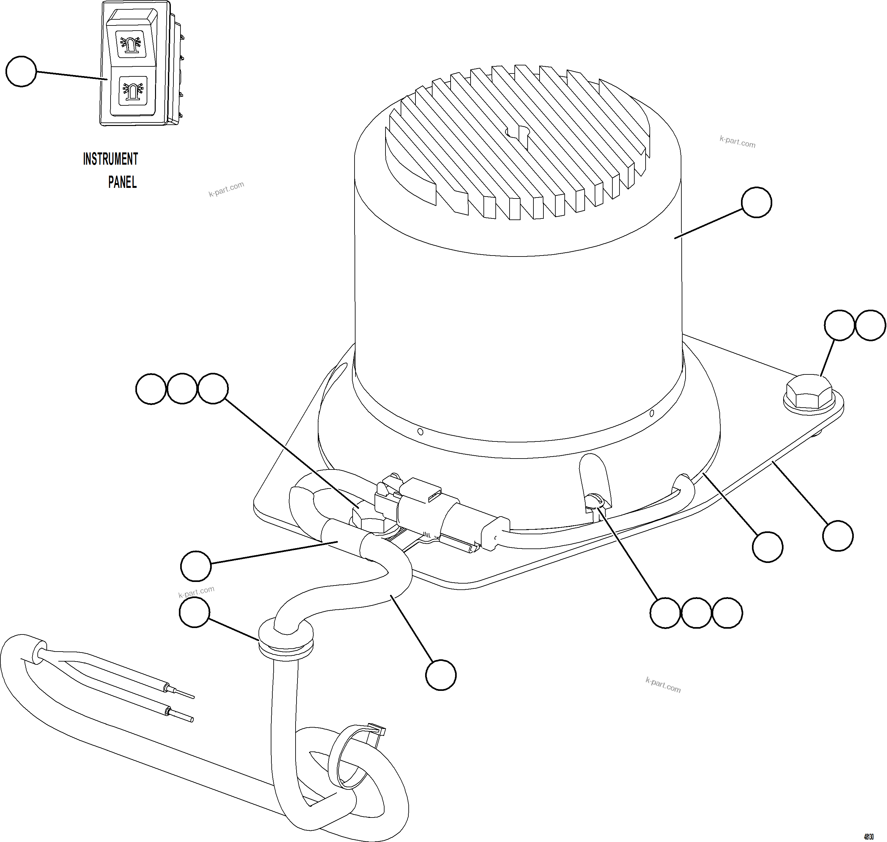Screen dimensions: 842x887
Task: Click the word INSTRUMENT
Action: [x=111, y=159]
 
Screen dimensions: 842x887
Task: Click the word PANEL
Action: [x=122, y=182]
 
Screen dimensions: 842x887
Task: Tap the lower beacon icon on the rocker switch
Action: [x=132, y=90]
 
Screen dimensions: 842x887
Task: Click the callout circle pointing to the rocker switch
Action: [x=21, y=71]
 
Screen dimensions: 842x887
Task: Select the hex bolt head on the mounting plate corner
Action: [x=808, y=392]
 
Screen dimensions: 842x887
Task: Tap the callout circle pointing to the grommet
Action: [x=194, y=612]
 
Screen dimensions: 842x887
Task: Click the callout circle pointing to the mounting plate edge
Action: [x=838, y=536]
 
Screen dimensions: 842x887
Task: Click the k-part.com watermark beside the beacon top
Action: [x=737, y=142]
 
